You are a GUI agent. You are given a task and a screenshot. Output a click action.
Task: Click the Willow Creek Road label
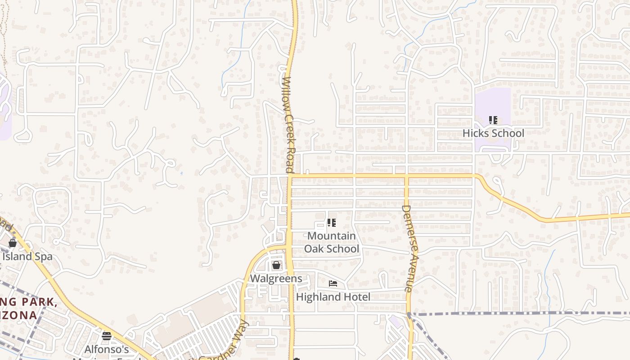click(x=289, y=125)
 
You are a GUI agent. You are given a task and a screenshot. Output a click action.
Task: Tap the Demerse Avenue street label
click(x=407, y=248)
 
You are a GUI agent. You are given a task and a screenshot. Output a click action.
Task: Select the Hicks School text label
click(x=493, y=133)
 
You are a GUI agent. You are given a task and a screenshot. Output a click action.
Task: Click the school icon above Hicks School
click(x=493, y=120)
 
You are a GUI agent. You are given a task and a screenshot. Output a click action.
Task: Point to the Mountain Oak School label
click(x=332, y=242)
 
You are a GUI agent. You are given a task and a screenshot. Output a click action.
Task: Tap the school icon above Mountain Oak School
click(x=332, y=223)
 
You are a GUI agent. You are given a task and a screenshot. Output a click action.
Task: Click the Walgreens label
click(x=276, y=279)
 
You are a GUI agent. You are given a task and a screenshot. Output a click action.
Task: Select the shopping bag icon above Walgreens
click(x=276, y=265)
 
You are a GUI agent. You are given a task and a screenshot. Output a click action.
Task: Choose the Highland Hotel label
click(x=333, y=297)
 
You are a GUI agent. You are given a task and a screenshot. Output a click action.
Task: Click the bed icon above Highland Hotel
click(x=333, y=283)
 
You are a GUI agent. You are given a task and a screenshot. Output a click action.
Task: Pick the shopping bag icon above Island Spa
click(x=13, y=243)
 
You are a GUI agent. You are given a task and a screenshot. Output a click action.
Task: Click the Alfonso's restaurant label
click(x=107, y=350)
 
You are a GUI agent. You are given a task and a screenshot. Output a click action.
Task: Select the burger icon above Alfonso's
click(x=107, y=336)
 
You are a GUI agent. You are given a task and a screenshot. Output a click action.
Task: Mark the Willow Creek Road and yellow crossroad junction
click(x=290, y=175)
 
